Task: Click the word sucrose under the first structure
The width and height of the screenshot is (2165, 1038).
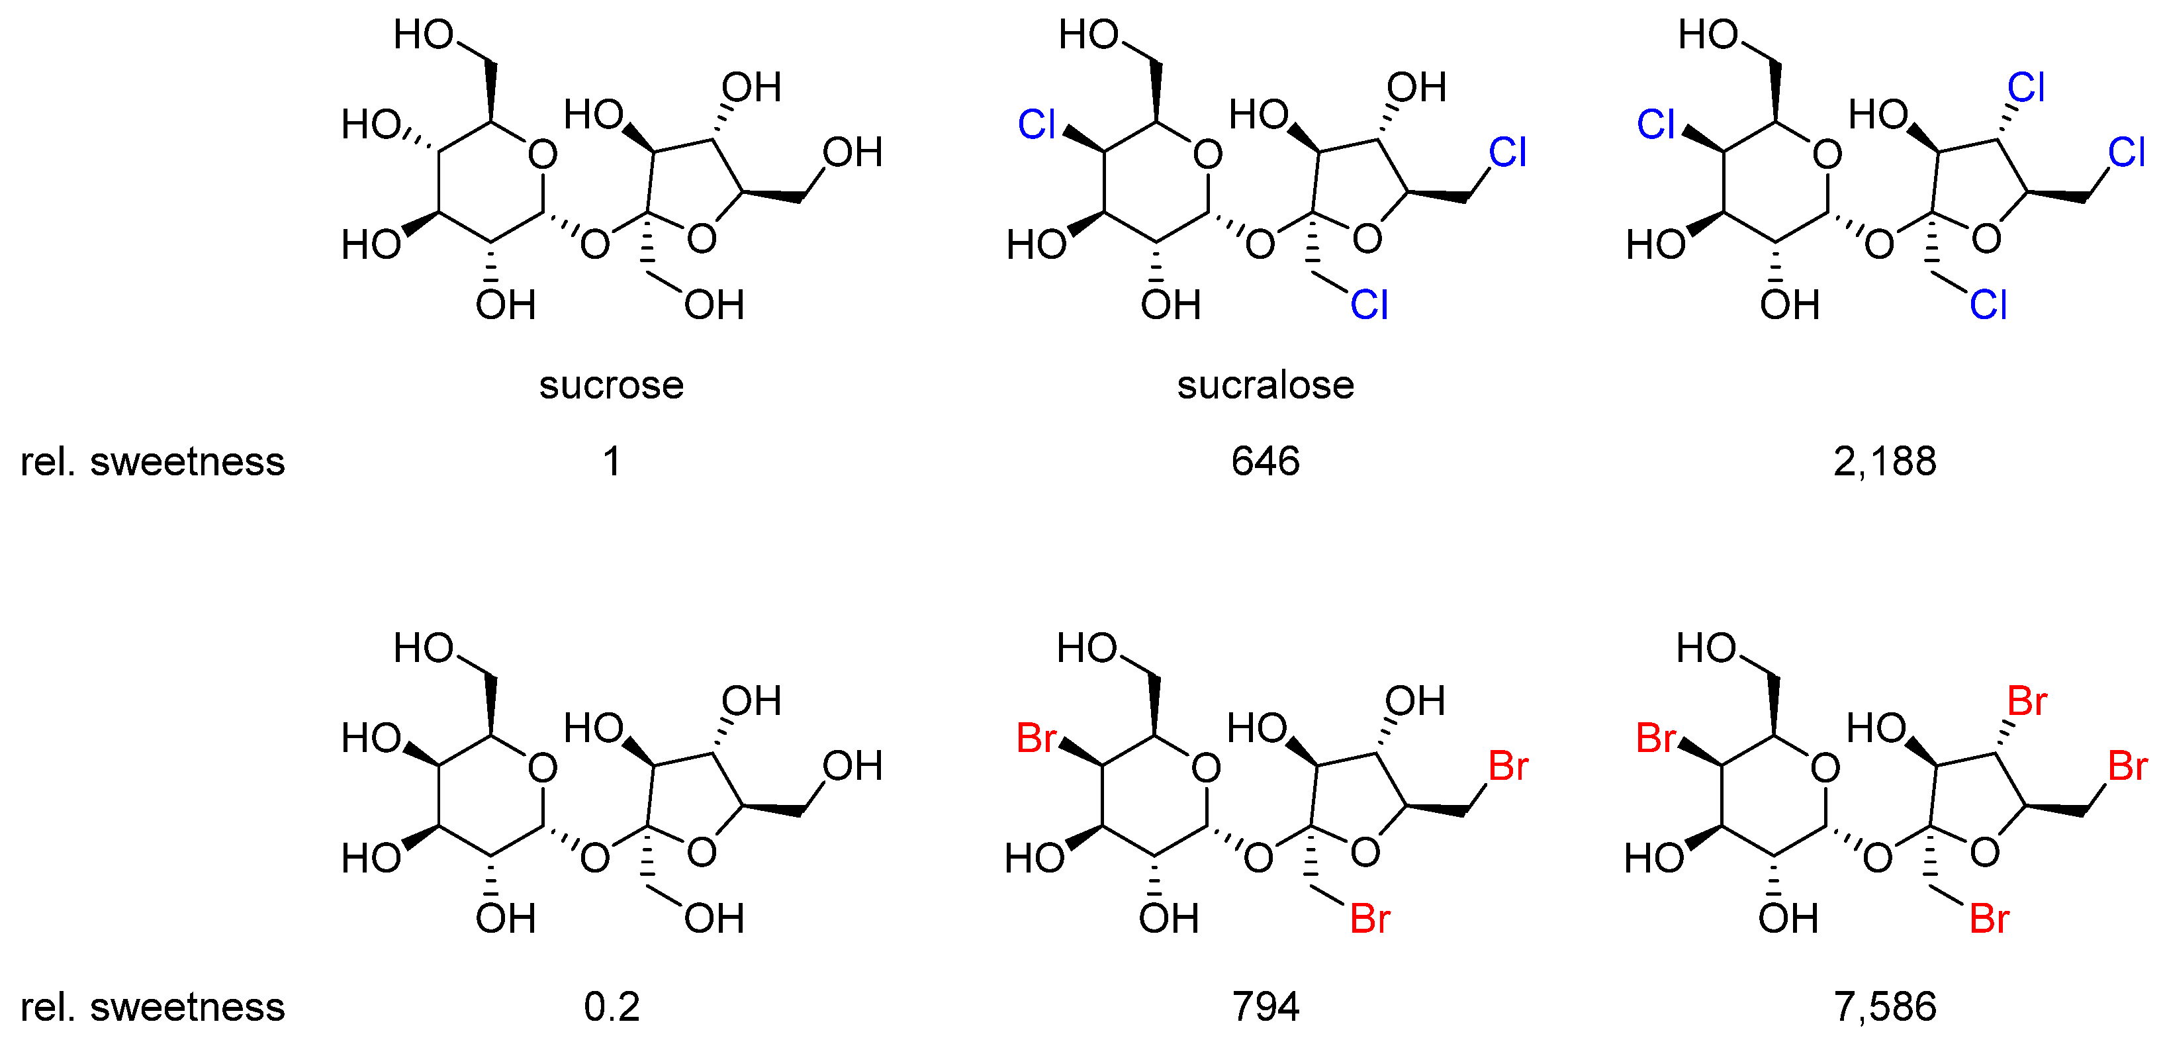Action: pos(611,385)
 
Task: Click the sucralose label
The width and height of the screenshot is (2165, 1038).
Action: pos(1265,385)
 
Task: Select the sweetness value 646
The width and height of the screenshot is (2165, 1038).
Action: pos(1265,461)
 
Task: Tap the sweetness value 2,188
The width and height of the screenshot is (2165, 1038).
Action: pos(1884,461)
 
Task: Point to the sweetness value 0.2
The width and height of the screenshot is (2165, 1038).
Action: pos(611,1006)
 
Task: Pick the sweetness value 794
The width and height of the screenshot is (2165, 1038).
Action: pos(1265,1006)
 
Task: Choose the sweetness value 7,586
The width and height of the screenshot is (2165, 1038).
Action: pos(1884,1006)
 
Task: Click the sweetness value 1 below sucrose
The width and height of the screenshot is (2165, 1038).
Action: pos(612,461)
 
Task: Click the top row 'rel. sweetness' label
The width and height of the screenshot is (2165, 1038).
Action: pos(152,461)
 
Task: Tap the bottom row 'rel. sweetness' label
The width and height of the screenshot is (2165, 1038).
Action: pos(152,1006)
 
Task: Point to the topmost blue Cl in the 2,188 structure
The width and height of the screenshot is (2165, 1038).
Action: pos(2025,87)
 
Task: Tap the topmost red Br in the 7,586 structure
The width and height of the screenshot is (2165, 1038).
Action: pos(2026,700)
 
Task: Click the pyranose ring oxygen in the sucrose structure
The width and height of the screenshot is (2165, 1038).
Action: pos(542,155)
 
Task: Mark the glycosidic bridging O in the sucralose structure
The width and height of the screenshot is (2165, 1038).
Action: pos(1259,244)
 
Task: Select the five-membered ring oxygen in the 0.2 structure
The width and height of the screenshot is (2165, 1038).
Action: pos(701,852)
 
